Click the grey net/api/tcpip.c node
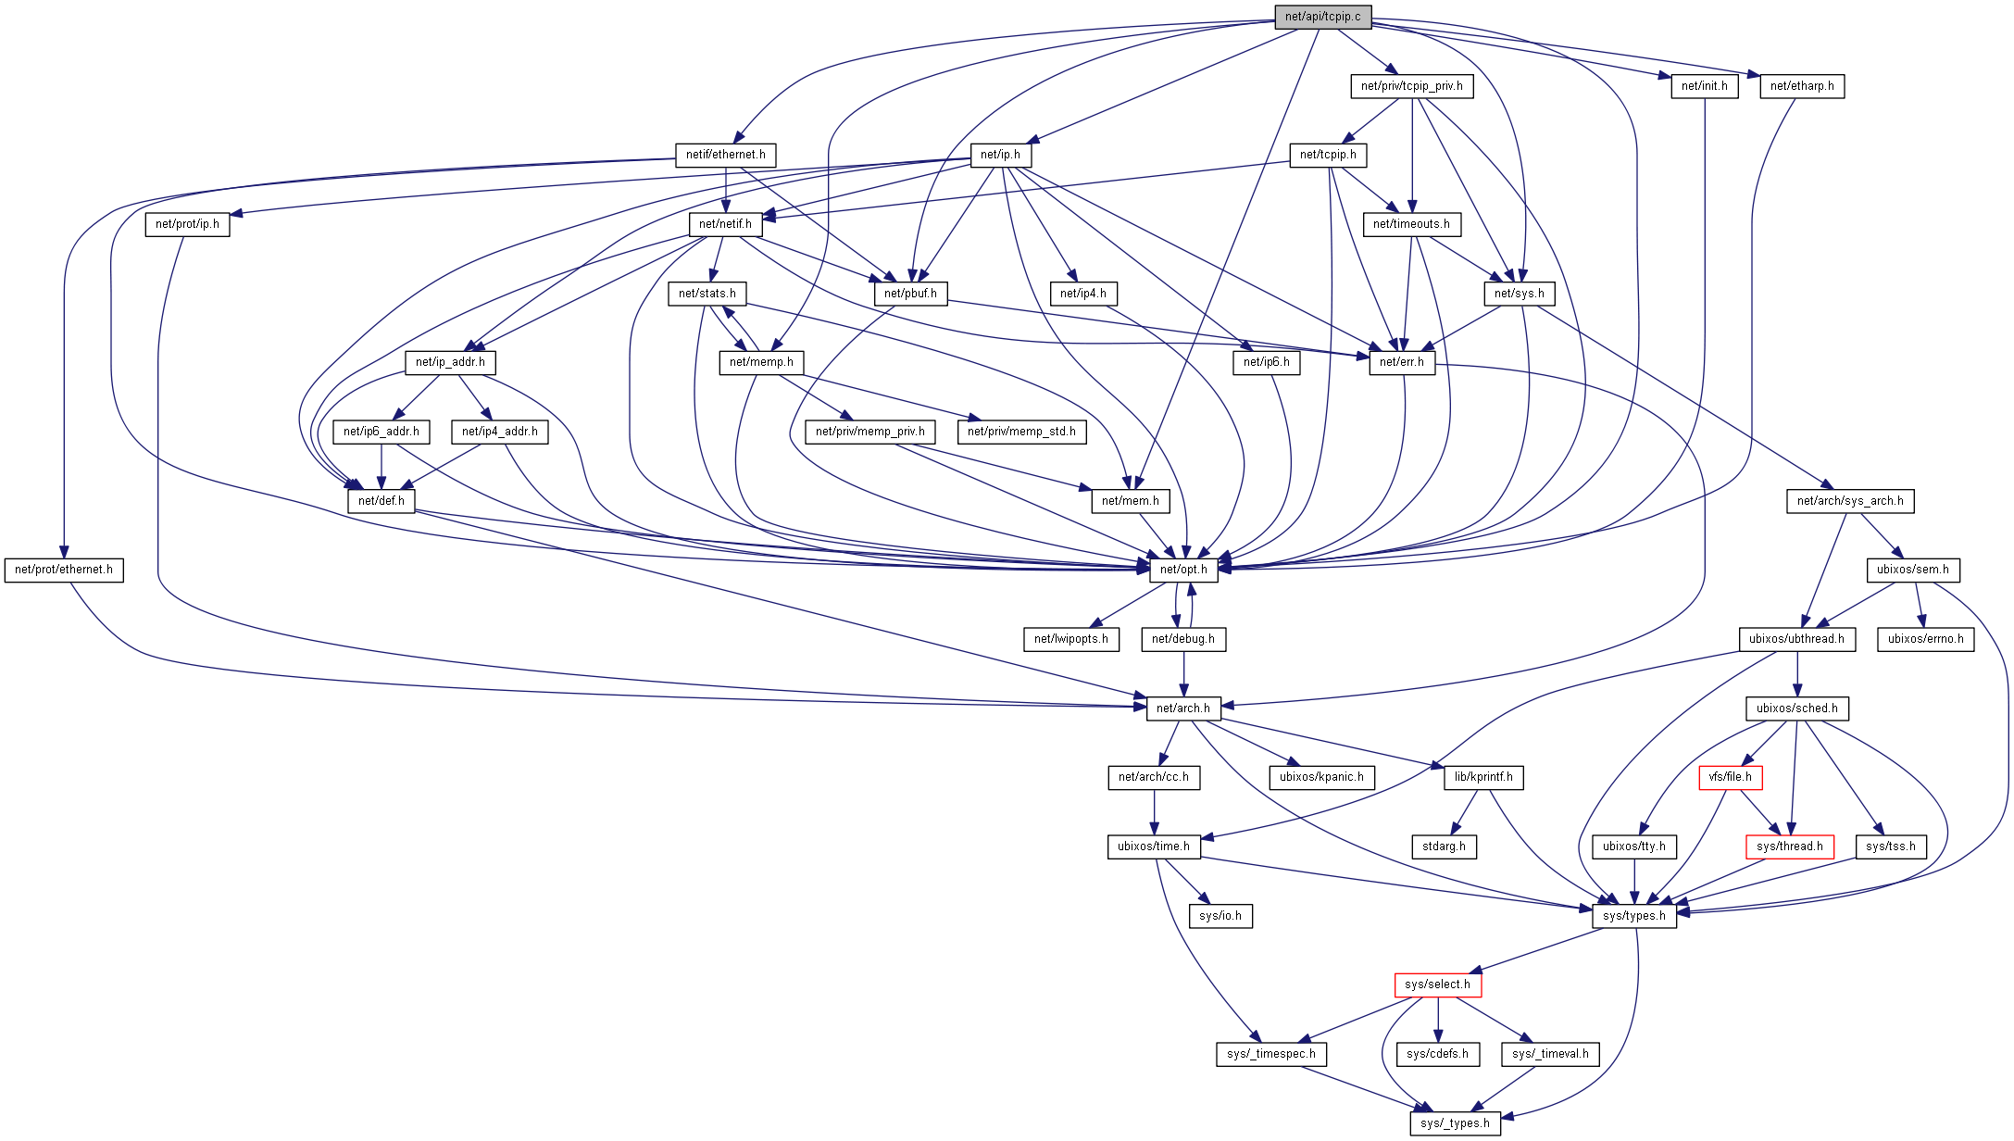pyautogui.click(x=1322, y=17)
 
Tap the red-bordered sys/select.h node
pyautogui.click(x=1437, y=984)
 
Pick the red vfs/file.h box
pyautogui.click(x=1730, y=777)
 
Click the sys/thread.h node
pyautogui.click(x=1789, y=846)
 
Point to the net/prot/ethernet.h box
pyautogui.click(x=64, y=570)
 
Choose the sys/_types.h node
pyautogui.click(x=1455, y=1123)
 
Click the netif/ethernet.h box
pyautogui.click(x=726, y=155)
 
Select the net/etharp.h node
pyautogui.click(x=1802, y=86)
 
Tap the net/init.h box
pyautogui.click(x=1705, y=86)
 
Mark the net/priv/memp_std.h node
pyautogui.click(x=1021, y=432)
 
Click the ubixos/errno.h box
pyautogui.click(x=1925, y=639)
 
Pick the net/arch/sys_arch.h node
pyautogui.click(x=1850, y=501)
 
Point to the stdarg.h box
pyautogui.click(x=1444, y=846)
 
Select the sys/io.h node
pyautogui.click(x=1220, y=916)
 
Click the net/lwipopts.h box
pyautogui.click(x=1070, y=639)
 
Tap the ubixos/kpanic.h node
pyautogui.click(x=1321, y=777)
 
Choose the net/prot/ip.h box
pyautogui.click(x=187, y=224)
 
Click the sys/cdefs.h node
pyautogui.click(x=1437, y=1054)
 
